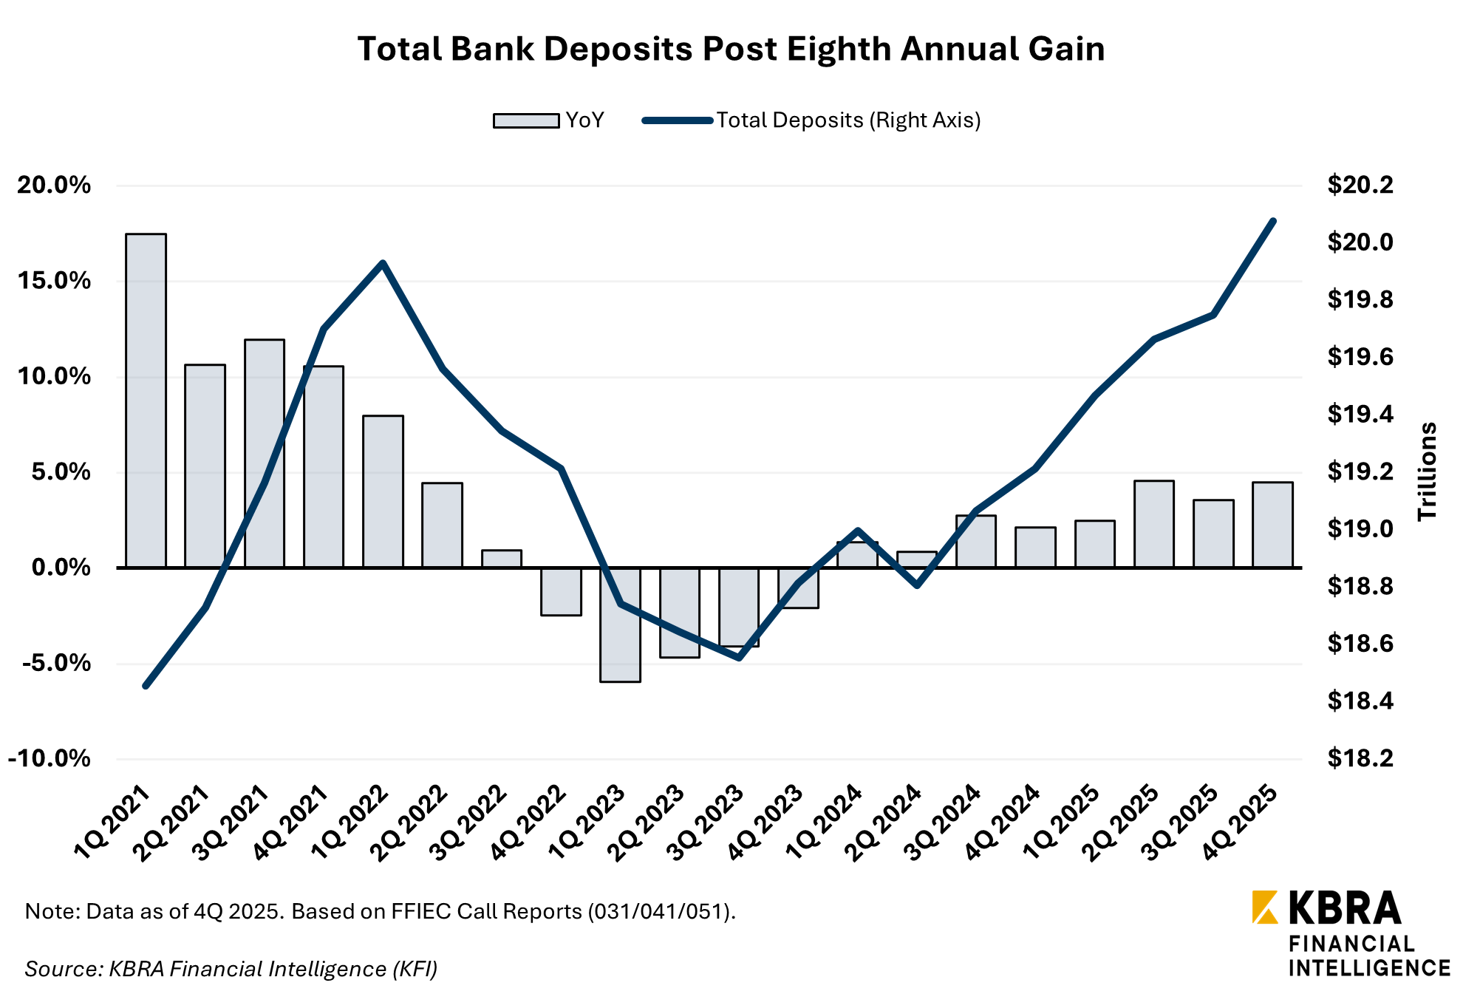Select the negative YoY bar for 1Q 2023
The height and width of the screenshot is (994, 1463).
[620, 624]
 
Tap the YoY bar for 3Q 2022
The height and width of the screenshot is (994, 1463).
[502, 559]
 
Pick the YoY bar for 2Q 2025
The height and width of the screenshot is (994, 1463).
[1154, 524]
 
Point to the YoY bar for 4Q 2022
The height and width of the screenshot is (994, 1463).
[561, 591]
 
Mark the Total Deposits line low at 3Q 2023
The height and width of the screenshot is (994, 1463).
[739, 657]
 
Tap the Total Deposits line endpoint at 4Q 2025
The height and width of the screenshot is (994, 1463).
[1273, 221]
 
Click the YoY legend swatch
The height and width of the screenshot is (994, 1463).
[526, 120]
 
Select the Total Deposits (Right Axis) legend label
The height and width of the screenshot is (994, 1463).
[848, 120]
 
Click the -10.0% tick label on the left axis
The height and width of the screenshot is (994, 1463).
[50, 758]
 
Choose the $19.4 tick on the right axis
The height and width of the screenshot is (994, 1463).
[1360, 414]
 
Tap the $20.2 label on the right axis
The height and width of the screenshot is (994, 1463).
[1360, 185]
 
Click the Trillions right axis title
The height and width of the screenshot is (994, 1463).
[1427, 471]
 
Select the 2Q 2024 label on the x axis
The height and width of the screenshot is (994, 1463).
[884, 823]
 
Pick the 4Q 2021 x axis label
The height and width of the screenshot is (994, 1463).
[291, 823]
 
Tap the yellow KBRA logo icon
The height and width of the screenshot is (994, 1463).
[1265, 908]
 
